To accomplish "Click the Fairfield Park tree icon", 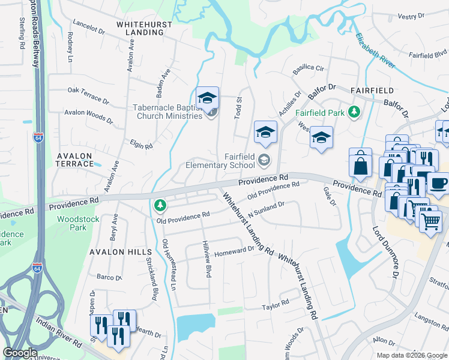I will coord(355,112).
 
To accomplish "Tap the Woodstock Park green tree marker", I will coord(160,206).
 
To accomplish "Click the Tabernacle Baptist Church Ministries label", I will coord(167,112).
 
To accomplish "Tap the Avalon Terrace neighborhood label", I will coord(74,160).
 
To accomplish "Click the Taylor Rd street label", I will coord(275,307).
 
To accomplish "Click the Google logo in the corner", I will coord(20,353).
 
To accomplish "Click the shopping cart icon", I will coord(430,222).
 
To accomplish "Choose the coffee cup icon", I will coord(438,184).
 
